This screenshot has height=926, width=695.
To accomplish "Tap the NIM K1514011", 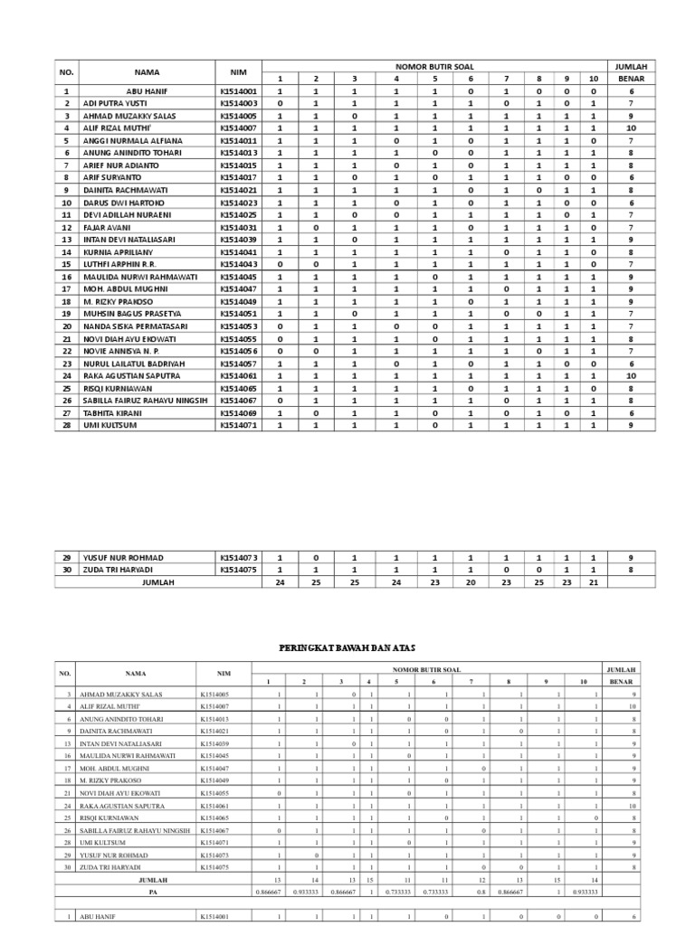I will [x=238, y=141].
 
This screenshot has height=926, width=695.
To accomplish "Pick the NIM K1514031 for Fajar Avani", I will [x=238, y=227].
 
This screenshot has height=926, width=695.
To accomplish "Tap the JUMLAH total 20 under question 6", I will [x=470, y=583].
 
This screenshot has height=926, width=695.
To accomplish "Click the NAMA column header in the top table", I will [x=147, y=73].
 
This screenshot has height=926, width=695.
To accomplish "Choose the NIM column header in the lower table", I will [x=224, y=673].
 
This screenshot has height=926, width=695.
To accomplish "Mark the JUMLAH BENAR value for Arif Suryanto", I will [x=630, y=178].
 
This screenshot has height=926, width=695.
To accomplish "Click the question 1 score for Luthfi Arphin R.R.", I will [x=280, y=264].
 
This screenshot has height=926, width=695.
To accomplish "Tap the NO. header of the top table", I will [x=65, y=73].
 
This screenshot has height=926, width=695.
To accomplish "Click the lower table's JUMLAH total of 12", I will [x=481, y=878].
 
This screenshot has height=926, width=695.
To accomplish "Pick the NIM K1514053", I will [x=238, y=326].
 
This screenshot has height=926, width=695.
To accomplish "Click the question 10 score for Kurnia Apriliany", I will [x=594, y=251].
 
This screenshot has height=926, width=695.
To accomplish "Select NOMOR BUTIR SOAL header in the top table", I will [x=433, y=67].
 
